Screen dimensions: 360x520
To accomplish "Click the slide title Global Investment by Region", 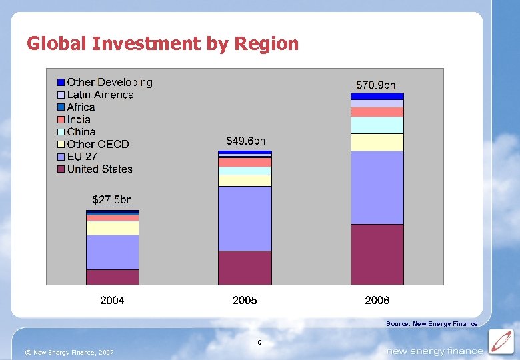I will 163,44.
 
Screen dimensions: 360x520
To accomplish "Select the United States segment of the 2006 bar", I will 377,254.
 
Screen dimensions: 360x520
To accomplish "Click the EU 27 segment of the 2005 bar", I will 245,218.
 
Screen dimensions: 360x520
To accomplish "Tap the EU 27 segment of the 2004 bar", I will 113,252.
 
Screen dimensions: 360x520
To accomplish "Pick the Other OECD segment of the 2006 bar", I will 377,142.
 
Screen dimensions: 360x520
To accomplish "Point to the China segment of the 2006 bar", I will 377,125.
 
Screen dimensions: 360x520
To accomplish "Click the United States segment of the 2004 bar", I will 113,277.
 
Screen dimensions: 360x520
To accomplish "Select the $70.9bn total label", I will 376,85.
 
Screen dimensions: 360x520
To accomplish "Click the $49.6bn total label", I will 245,141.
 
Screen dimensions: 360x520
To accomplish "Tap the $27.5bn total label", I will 112,199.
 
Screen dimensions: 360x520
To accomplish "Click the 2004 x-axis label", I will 112,301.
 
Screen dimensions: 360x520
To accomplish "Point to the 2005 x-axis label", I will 245,301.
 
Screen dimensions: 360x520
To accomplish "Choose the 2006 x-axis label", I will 377,301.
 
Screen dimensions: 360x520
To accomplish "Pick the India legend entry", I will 79,119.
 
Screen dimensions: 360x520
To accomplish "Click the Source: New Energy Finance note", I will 431,324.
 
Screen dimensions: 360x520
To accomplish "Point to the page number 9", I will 259,343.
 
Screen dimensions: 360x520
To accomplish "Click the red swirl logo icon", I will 500,341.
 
